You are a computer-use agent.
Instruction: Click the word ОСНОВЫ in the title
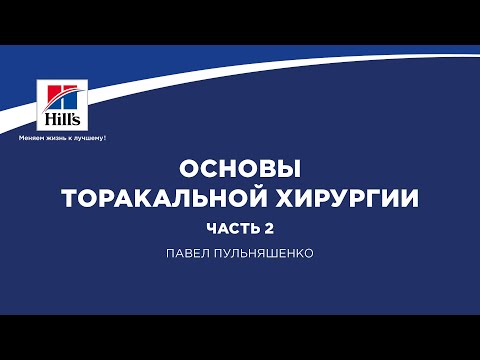click(x=239, y=164)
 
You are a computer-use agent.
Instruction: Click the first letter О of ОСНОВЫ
click(x=187, y=164)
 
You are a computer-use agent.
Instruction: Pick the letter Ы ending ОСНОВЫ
click(x=290, y=164)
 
